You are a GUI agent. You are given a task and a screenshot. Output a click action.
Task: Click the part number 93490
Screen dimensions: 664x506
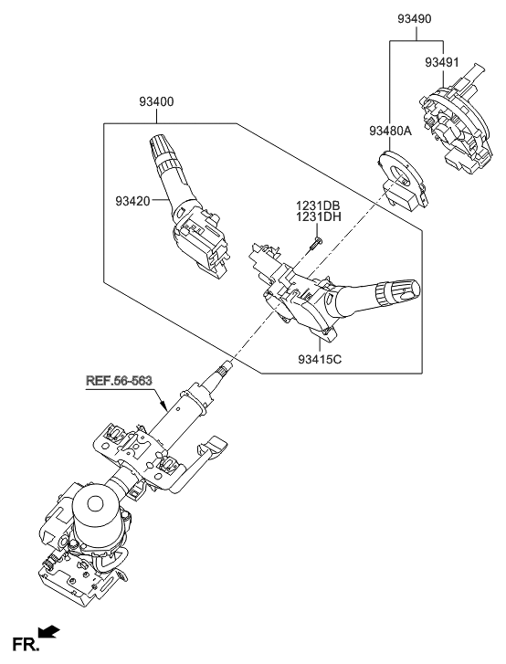[417, 17]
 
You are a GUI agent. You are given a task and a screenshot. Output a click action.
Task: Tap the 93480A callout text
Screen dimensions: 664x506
[391, 132]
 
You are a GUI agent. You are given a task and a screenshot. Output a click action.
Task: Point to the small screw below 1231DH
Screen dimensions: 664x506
[314, 241]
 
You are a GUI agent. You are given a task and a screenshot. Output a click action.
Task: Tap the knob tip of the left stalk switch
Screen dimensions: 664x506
[153, 143]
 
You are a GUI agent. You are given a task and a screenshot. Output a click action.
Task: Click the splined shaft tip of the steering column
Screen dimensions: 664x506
[223, 369]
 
